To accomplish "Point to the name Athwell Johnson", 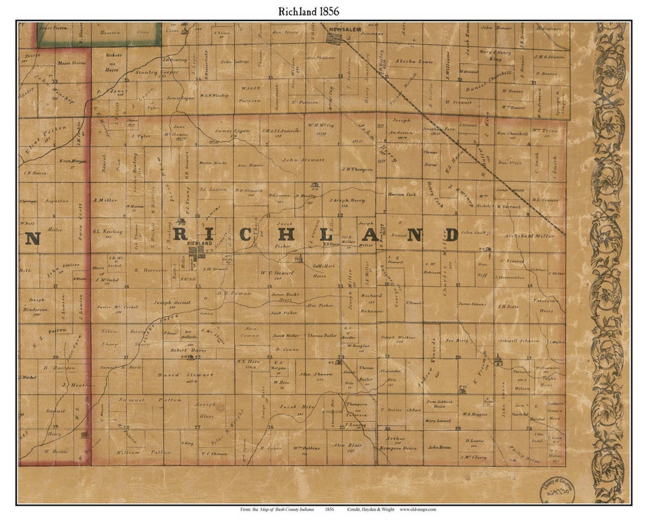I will tap(520, 340).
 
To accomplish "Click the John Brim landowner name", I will tap(439, 447).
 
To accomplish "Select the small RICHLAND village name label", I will tap(199, 244).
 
